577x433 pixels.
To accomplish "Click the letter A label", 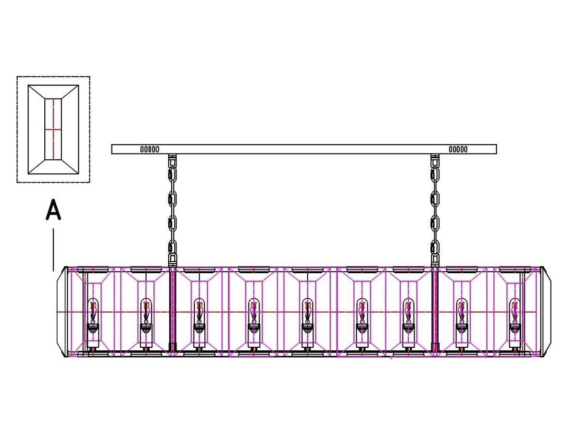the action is tap(53, 209).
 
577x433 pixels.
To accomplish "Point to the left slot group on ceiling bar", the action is tap(150, 149).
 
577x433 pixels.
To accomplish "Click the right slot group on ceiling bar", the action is tap(458, 149).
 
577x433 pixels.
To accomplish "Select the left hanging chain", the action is tap(172, 210).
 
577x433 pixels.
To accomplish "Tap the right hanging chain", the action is tap(435, 210).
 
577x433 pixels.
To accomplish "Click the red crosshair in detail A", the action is tap(53, 129).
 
